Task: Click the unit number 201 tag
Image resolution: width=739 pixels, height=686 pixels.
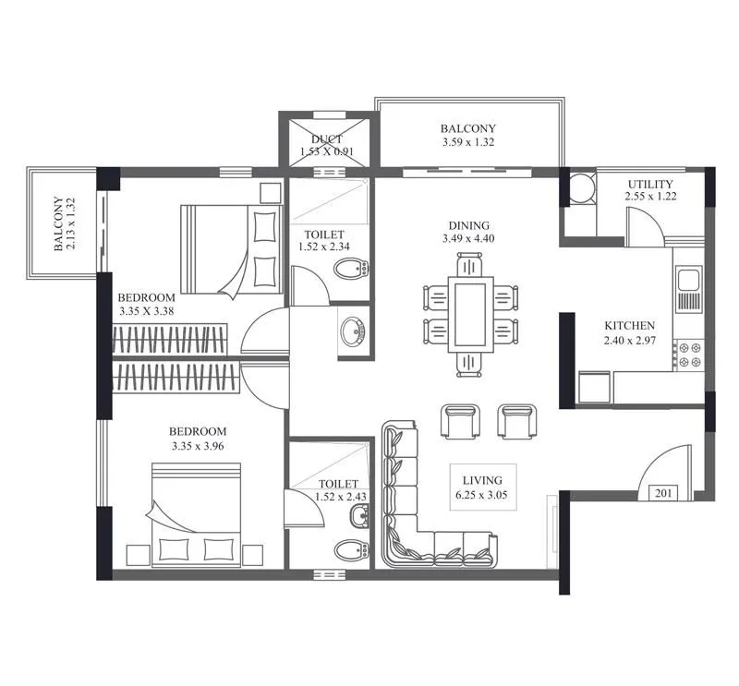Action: tap(663, 493)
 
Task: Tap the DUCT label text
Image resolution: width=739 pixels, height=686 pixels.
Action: tap(327, 139)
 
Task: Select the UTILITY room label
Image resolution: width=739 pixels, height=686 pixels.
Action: tap(650, 185)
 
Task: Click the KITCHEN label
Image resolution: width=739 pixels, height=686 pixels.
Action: tap(629, 326)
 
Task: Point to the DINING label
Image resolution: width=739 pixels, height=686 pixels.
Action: tap(468, 225)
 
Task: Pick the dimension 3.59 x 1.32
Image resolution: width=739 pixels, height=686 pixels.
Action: tap(467, 143)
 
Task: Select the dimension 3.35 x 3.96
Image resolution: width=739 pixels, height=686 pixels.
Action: tap(198, 446)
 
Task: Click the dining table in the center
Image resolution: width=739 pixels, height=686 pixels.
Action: tap(469, 312)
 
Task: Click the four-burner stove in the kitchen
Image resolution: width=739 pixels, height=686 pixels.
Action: tap(688, 355)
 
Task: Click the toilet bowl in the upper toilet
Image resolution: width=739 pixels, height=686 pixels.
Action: tap(348, 271)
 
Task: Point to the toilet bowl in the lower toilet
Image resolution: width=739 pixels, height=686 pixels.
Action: tap(349, 552)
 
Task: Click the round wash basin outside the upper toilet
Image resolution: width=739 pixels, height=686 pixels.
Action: tap(352, 331)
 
